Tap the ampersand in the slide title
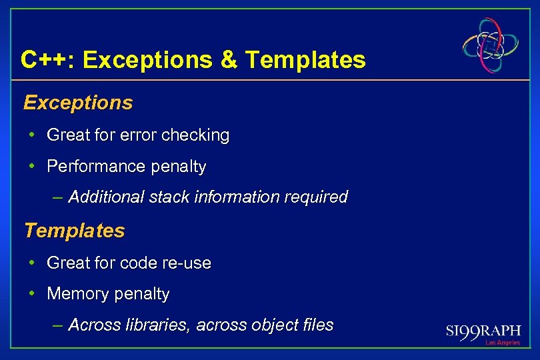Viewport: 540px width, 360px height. click(x=228, y=60)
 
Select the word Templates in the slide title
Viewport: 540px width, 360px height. click(x=305, y=60)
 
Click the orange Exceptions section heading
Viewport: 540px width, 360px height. click(x=78, y=103)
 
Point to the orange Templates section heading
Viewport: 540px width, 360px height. click(x=74, y=231)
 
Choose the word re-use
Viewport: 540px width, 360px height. click(x=188, y=263)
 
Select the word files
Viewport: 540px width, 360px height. click(x=317, y=325)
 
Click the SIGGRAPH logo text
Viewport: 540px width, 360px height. click(x=483, y=331)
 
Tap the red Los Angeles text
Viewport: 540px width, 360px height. click(x=503, y=343)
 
